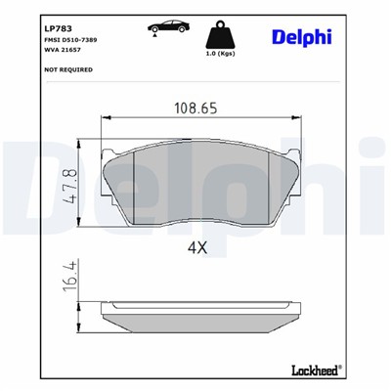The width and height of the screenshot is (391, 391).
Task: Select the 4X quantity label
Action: tap(197, 247)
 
